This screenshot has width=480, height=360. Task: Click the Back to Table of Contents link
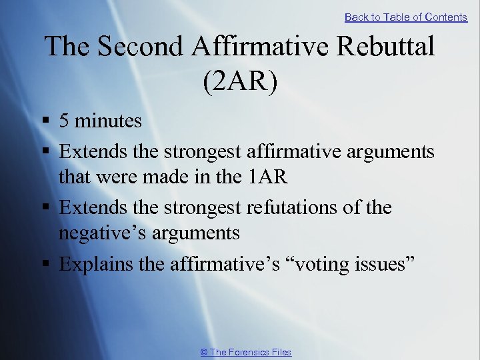click(x=405, y=17)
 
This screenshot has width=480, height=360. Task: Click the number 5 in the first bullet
click(x=64, y=121)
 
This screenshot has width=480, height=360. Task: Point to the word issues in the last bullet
click(x=382, y=264)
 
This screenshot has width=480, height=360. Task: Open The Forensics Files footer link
click(x=246, y=352)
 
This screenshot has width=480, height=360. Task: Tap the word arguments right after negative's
click(x=197, y=233)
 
